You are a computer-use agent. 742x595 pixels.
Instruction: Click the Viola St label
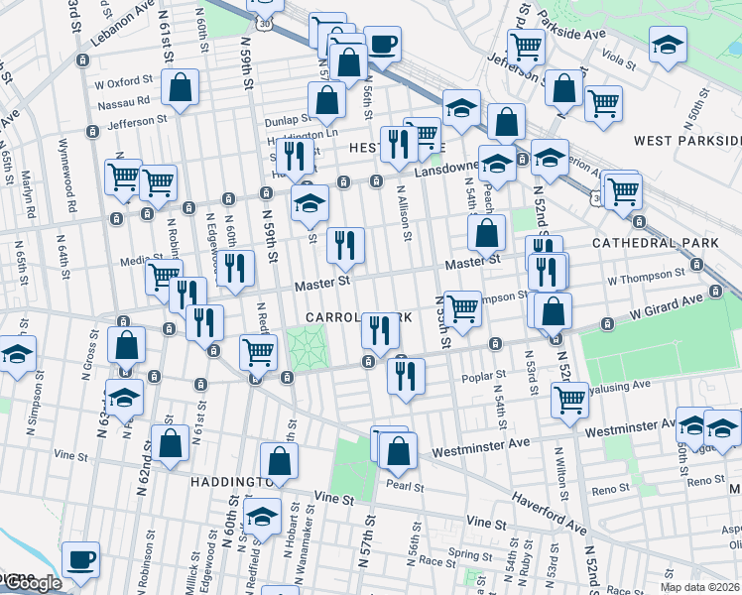(x=618, y=59)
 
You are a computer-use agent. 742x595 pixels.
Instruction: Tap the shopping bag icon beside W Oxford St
(x=181, y=87)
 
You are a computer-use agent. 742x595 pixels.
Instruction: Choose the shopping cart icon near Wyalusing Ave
(x=569, y=399)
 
